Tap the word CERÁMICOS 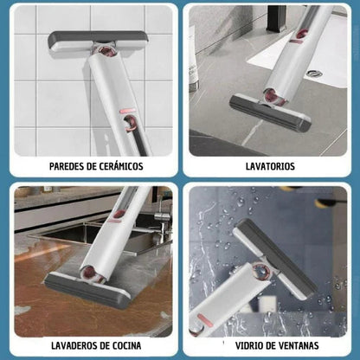119,165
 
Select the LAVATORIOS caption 270,165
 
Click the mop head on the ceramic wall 96,41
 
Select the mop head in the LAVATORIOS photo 270,112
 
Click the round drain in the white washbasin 314,74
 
